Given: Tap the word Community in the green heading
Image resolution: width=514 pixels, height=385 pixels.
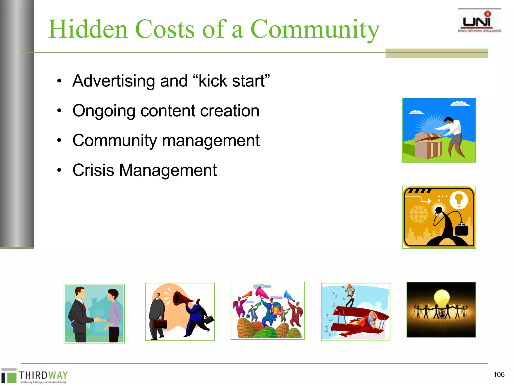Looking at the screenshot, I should click(315, 30).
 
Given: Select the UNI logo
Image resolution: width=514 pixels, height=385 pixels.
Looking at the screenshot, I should click(479, 22).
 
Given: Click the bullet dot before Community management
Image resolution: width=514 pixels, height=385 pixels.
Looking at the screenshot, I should click(59, 140).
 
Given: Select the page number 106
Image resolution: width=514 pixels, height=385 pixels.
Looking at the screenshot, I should click(499, 374).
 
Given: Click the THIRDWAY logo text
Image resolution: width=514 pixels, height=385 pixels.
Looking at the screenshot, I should click(43, 375).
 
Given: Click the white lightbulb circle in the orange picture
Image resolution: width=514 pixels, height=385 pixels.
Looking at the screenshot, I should click(459, 200).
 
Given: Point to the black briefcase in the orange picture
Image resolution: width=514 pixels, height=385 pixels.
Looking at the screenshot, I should click(462, 230).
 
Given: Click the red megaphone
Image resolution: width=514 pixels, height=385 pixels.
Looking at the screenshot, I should click(182, 298).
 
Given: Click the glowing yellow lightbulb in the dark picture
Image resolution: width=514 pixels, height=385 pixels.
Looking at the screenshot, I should click(441, 298).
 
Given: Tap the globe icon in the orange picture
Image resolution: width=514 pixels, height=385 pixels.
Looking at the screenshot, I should click(419, 214).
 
